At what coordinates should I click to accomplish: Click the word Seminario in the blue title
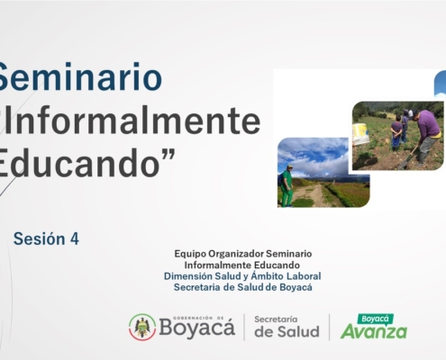80,76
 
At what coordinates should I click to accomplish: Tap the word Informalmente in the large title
132,121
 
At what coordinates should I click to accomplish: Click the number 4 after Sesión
75,239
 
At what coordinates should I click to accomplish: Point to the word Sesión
40,238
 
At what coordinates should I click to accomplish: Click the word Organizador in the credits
236,254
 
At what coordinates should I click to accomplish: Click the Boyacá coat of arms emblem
142,327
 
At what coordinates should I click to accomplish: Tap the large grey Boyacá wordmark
196,328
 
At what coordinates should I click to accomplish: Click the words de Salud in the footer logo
287,332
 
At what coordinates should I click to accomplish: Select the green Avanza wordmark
374,332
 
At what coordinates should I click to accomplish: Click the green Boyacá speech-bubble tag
375,319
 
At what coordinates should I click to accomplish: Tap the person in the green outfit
287,185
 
